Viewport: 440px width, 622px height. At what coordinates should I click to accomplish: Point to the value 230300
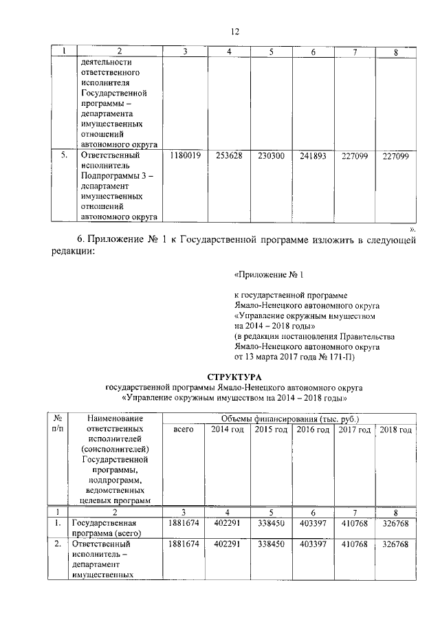tap(271, 156)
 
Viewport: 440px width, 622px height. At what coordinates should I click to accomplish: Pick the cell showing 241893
tap(313, 156)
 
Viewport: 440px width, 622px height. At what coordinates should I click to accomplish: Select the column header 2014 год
tap(228, 430)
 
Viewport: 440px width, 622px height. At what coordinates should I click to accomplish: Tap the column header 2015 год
tap(271, 430)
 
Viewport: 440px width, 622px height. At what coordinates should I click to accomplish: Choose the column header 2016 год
tap(313, 430)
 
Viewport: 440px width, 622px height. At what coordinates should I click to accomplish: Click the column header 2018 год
tap(395, 430)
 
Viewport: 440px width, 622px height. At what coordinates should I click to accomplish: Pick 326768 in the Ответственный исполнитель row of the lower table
tap(395, 544)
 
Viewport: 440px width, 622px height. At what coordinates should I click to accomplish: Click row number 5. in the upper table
tap(63, 156)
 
